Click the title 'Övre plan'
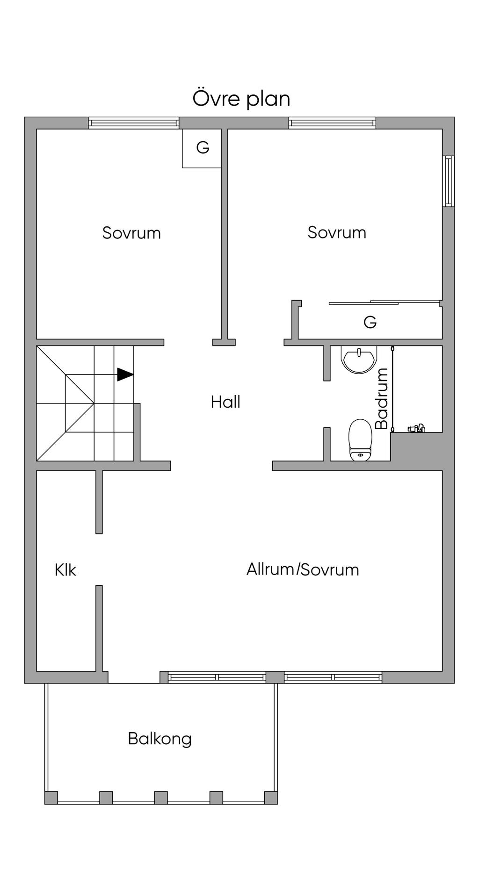click(x=241, y=99)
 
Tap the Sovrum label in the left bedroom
click(x=131, y=233)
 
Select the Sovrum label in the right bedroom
click(x=337, y=232)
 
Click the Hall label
click(x=225, y=402)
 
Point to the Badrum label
click(x=382, y=399)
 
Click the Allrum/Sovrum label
click(x=303, y=569)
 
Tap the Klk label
click(x=65, y=570)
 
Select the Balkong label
click(x=160, y=739)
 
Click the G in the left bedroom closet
click(x=203, y=148)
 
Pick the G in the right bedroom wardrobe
click(x=370, y=322)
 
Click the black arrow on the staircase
click(x=125, y=374)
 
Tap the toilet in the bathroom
click(x=360, y=440)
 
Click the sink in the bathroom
click(x=358, y=360)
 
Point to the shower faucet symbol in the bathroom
click(x=416, y=428)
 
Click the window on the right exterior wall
click(x=449, y=181)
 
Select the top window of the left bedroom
click(x=134, y=123)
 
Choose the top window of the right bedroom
click(x=332, y=123)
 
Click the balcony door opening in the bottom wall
click(x=134, y=677)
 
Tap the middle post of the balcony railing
click(x=161, y=798)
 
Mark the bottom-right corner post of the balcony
click(x=271, y=798)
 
